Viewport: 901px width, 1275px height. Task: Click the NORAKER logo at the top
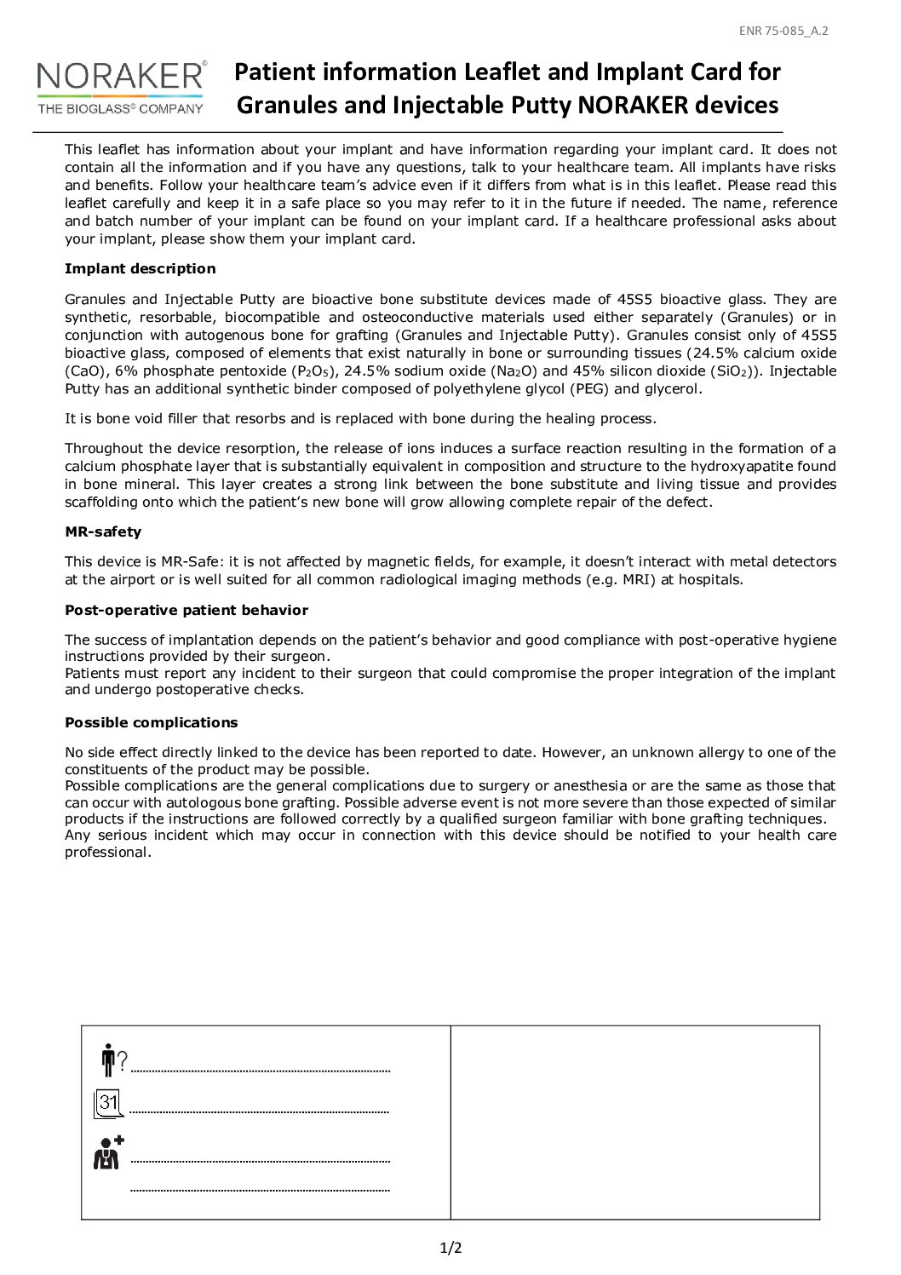119,79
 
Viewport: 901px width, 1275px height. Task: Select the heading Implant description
141,269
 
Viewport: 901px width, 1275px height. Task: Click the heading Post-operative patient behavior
187,610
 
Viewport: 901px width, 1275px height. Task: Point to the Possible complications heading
152,722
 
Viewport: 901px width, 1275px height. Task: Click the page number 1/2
450,1249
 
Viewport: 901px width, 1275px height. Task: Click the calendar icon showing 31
108,1104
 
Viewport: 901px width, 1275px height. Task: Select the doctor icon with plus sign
108,1152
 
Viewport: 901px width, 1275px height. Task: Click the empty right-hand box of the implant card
634,1123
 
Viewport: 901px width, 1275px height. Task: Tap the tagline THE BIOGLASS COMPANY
119,108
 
